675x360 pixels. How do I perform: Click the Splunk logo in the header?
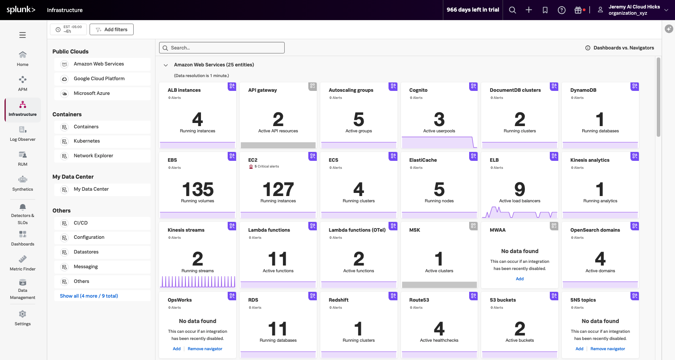click(x=21, y=10)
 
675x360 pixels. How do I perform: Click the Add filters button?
click(x=111, y=29)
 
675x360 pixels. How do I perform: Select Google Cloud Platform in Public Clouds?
click(x=99, y=78)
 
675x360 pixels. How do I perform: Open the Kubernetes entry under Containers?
click(x=87, y=141)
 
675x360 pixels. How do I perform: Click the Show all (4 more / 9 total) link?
click(x=89, y=296)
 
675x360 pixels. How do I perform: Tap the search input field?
click(x=222, y=48)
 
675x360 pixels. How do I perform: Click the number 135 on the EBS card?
click(x=197, y=189)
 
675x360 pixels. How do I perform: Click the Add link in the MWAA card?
click(x=520, y=279)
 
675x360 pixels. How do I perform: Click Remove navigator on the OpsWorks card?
click(x=205, y=349)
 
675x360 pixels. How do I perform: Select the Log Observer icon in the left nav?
click(x=23, y=130)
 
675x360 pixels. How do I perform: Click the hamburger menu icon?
click(x=22, y=35)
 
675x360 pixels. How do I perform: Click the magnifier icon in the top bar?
click(x=512, y=10)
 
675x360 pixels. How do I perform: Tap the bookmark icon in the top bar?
click(x=545, y=10)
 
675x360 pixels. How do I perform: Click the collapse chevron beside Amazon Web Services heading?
click(x=166, y=65)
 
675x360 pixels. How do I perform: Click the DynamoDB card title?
click(x=583, y=90)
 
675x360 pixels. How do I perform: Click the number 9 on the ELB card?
click(x=520, y=189)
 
